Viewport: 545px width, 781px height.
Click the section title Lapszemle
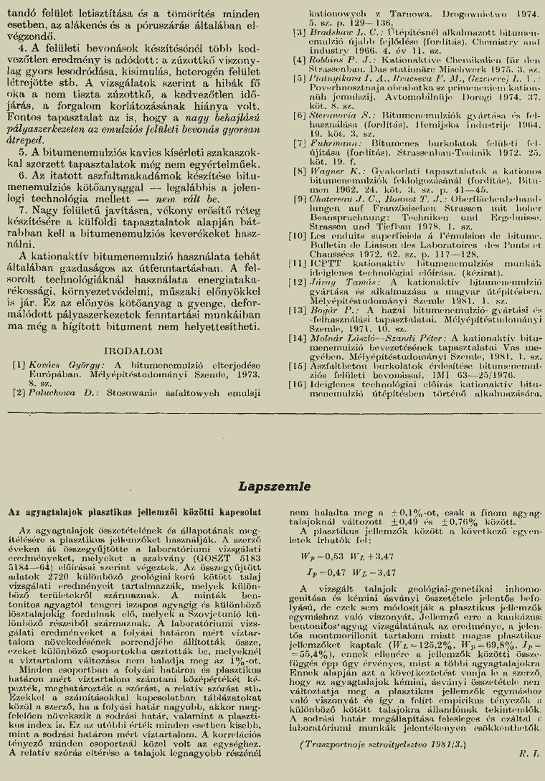tap(272, 486)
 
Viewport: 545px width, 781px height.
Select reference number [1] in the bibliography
tap(19, 364)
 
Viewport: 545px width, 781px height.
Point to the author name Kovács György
tap(57, 364)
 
